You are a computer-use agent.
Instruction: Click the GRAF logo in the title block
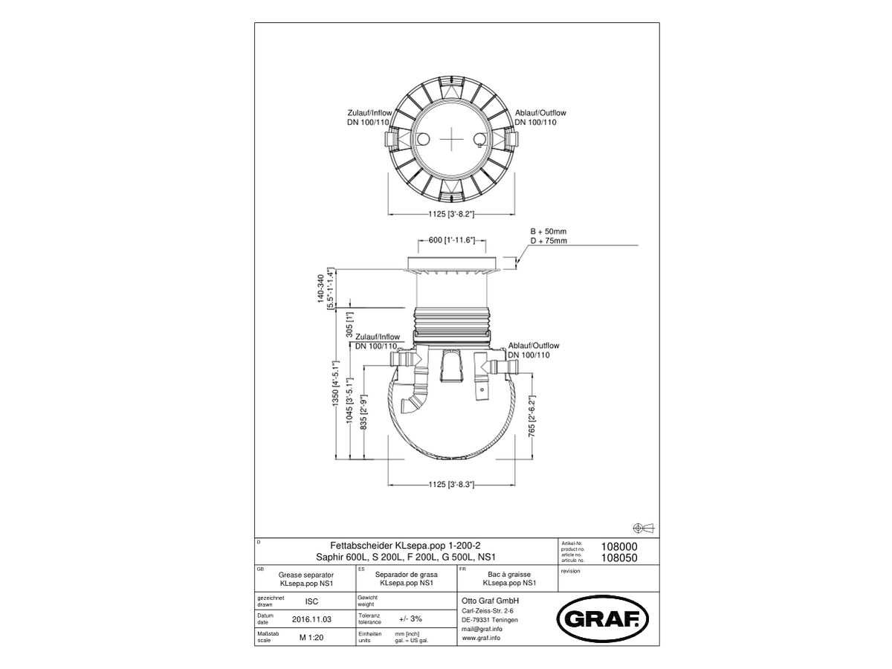pyautogui.click(x=603, y=616)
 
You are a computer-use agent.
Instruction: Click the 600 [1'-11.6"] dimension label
pyautogui.click(x=452, y=240)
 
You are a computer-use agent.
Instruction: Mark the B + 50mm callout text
pyautogui.click(x=548, y=231)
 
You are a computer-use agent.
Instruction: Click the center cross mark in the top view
pyautogui.click(x=452, y=139)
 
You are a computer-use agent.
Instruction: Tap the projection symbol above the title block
pyautogui.click(x=643, y=527)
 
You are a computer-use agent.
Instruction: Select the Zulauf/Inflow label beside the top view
pyautogui.click(x=369, y=117)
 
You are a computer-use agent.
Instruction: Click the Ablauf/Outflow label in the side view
pyautogui.click(x=534, y=351)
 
